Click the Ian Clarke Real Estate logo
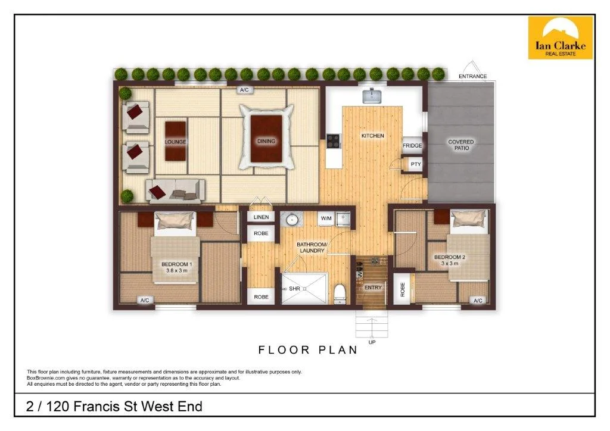(x=561, y=38)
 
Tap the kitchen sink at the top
(x=374, y=95)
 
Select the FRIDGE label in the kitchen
(x=412, y=146)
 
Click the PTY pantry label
(x=415, y=164)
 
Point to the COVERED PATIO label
(x=461, y=145)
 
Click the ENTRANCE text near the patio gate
(x=472, y=76)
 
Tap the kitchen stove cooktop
(x=333, y=142)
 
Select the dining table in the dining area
(x=266, y=138)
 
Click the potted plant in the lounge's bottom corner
(x=127, y=195)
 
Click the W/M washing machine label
(x=326, y=218)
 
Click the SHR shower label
(x=293, y=289)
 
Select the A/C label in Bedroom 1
(x=145, y=301)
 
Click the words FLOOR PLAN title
(x=307, y=350)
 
